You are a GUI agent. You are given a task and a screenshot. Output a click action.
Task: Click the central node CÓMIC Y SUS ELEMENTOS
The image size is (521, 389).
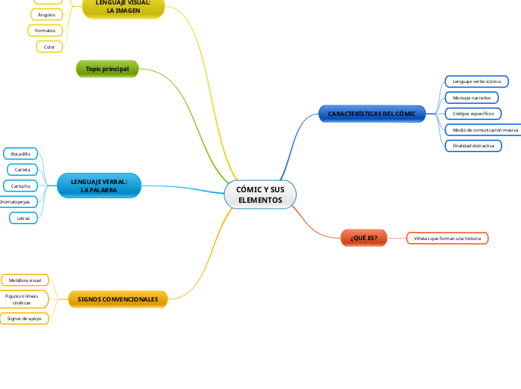tap(260, 195)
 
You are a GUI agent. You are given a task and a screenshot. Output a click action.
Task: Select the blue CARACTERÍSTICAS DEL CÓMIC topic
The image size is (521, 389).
tap(372, 114)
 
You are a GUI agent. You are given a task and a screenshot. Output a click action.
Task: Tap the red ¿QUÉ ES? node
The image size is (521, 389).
tap(364, 238)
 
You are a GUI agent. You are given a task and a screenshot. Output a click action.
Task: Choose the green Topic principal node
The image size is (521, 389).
tap(108, 69)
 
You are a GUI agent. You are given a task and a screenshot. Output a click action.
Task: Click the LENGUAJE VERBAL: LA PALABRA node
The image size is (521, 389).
tap(99, 186)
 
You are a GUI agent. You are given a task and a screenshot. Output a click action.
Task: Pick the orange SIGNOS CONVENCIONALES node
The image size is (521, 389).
tap(117, 299)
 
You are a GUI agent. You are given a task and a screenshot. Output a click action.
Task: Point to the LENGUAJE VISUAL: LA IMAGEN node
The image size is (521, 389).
tap(123, 7)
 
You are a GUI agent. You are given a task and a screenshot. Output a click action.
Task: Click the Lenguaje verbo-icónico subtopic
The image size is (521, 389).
tap(477, 81)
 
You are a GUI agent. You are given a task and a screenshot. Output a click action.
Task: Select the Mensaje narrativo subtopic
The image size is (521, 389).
tap(472, 97)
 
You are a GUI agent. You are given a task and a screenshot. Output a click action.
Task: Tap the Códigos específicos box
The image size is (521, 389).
tap(473, 114)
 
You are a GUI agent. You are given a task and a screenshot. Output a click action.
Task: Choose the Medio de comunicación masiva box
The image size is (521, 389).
tap(483, 129)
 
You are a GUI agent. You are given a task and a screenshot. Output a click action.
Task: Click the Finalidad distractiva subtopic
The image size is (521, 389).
tap(473, 146)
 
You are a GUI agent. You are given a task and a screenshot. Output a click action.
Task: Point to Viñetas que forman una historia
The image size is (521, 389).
tap(447, 238)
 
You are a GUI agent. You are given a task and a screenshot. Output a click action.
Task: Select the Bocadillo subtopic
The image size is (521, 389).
tap(21, 153)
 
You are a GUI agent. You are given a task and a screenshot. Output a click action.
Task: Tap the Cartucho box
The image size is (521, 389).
tap(21, 186)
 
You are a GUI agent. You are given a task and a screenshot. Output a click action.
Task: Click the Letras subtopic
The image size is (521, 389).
tap(23, 218)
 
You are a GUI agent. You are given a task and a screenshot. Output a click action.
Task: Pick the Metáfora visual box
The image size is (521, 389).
tap(25, 280)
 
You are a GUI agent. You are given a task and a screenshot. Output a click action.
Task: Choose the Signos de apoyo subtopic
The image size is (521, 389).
tap(25, 318)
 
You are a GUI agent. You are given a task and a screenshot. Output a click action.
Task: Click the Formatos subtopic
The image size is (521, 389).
tap(45, 31)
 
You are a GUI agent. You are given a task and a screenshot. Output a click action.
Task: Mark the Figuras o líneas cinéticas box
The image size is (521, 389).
tap(25, 299)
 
